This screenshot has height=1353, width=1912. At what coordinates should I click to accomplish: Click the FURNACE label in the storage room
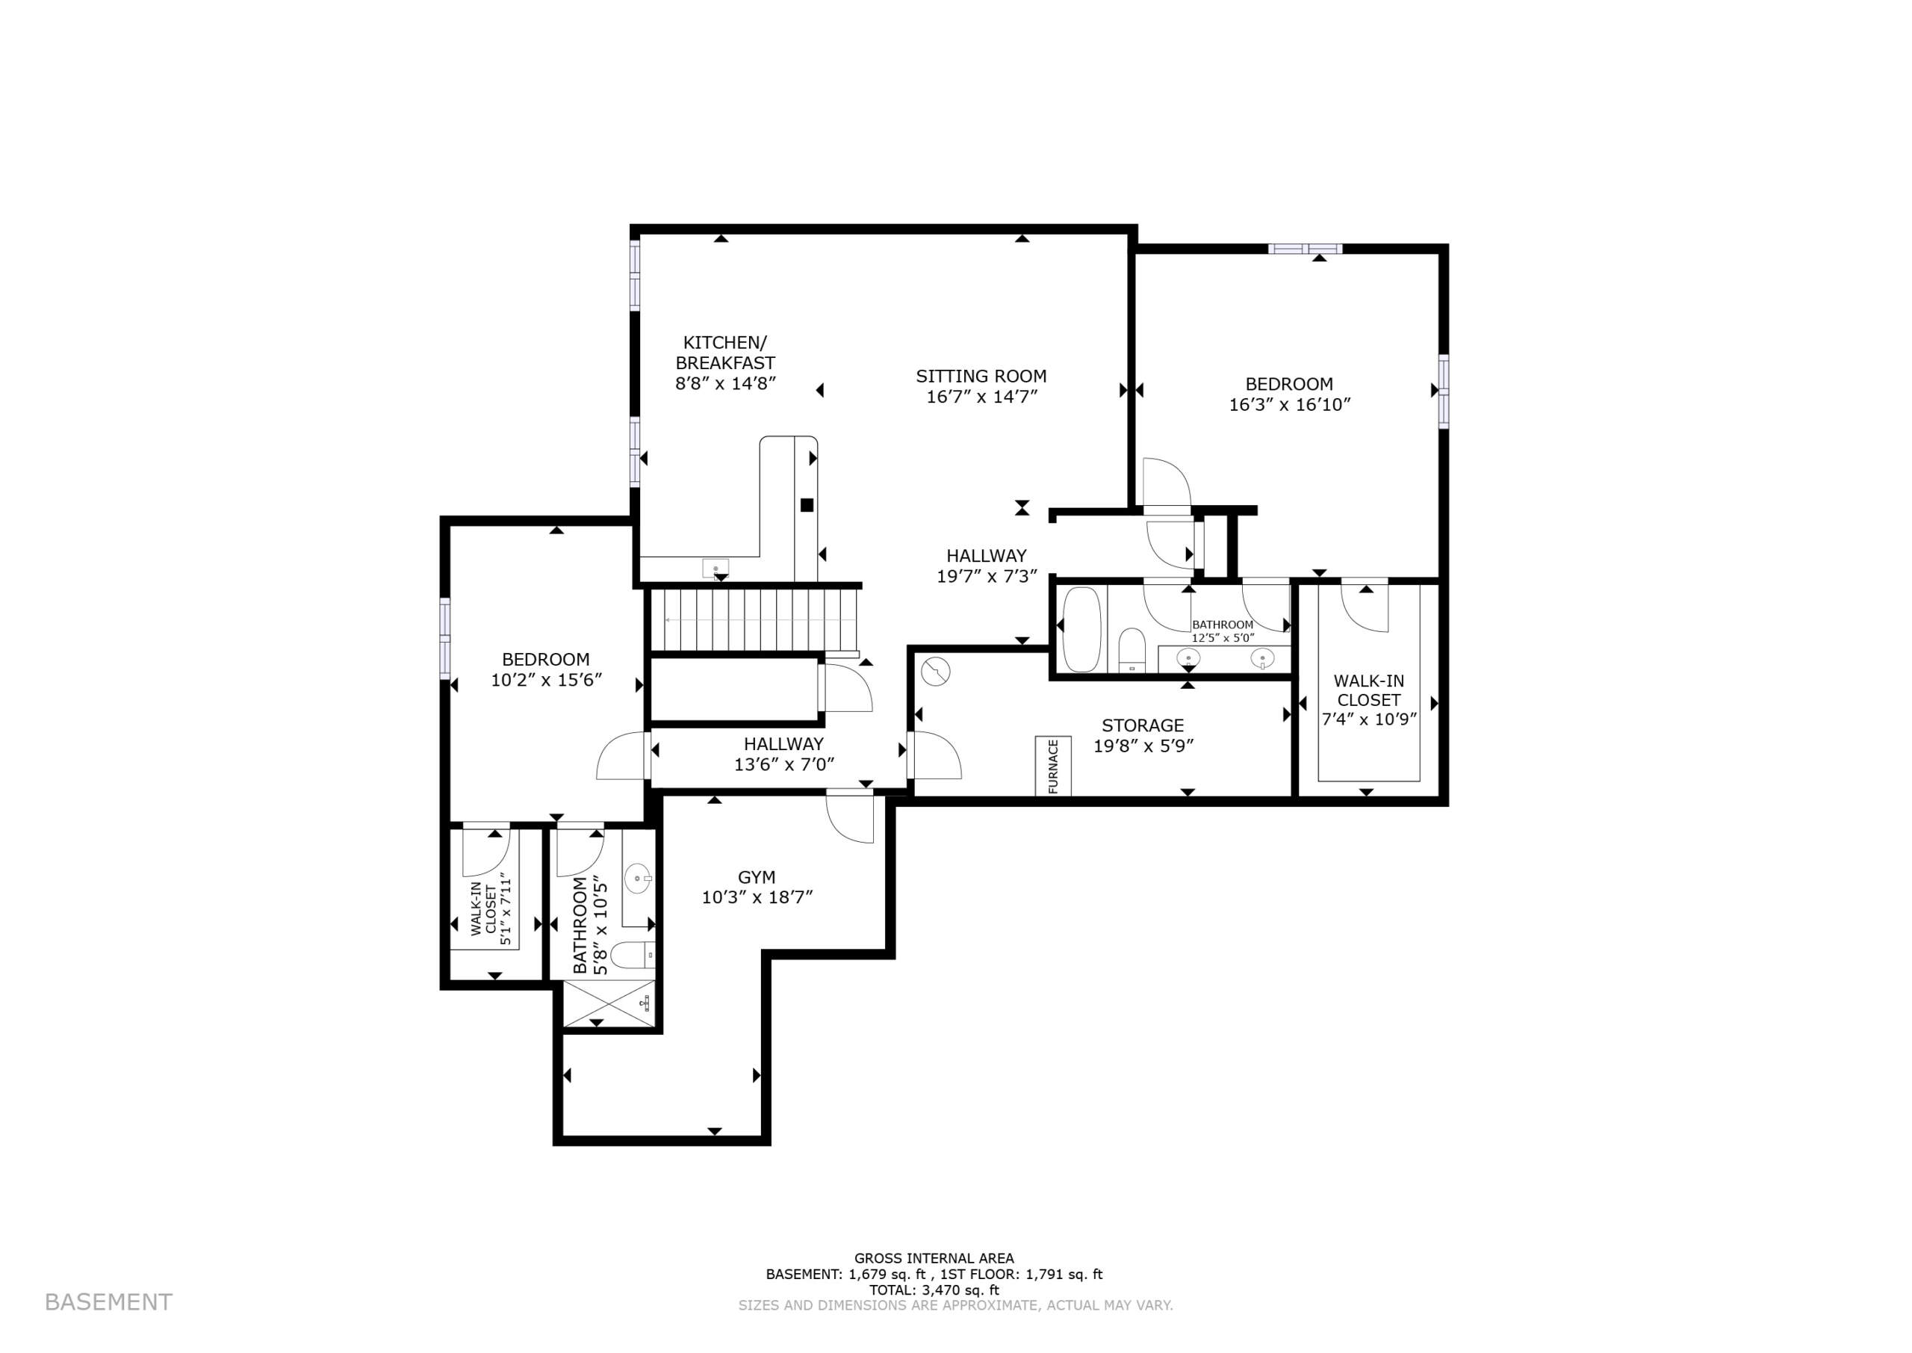tap(1052, 767)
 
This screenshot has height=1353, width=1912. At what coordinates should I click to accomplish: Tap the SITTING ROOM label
tap(981, 376)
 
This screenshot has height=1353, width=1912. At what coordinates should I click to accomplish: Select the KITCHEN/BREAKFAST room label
tap(724, 353)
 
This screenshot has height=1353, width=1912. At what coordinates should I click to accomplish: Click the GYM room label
tap(756, 877)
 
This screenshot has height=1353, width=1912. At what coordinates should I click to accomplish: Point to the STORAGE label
tap(1143, 725)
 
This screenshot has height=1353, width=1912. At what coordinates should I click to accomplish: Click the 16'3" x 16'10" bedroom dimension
tap(1289, 405)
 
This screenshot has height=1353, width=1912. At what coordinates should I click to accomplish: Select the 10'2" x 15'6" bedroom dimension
tap(545, 680)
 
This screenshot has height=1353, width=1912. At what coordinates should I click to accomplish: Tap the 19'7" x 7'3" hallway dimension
tap(986, 577)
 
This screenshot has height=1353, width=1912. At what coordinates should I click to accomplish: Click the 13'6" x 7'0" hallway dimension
tap(783, 765)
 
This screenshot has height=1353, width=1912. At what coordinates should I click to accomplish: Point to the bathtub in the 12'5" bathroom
tap(1081, 629)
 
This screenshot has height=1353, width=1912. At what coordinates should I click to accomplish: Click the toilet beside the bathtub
tap(1131, 650)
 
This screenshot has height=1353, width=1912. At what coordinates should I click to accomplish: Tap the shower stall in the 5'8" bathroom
tap(607, 1003)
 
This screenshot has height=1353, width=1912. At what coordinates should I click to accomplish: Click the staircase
tap(754, 621)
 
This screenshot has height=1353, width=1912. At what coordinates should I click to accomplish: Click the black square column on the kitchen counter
tap(806, 505)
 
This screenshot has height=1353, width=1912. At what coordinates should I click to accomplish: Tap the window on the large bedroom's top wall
tap(1305, 248)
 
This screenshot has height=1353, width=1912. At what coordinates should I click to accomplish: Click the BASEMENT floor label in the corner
tap(108, 1302)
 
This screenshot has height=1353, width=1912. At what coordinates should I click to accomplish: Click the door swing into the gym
tap(850, 819)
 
